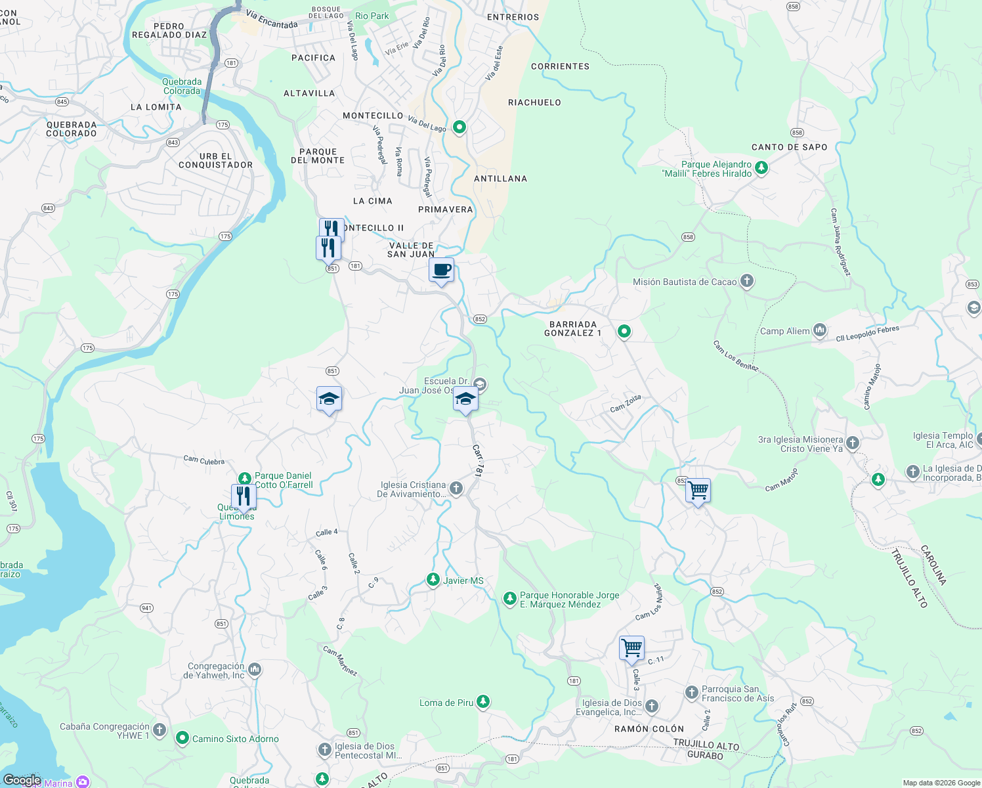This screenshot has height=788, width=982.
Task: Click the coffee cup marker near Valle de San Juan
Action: click(x=442, y=270)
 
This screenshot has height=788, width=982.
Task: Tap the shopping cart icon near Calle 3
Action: click(x=631, y=648)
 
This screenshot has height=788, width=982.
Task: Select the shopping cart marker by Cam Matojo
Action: click(x=698, y=490)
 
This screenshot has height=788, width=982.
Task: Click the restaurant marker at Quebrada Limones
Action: click(x=244, y=496)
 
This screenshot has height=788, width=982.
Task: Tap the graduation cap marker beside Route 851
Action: click(x=329, y=399)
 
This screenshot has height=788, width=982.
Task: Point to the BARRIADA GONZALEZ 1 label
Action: click(x=572, y=329)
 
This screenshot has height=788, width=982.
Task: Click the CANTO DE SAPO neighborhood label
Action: click(x=789, y=147)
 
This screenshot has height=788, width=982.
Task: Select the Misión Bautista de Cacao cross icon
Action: click(x=746, y=282)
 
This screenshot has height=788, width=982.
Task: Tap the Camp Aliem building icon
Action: click(x=819, y=330)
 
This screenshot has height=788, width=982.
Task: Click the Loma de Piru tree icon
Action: click(x=483, y=703)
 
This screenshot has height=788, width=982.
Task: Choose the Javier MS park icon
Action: click(x=433, y=580)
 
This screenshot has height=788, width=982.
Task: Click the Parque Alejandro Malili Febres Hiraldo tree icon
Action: click(x=761, y=168)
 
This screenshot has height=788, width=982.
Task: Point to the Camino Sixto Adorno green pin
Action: click(x=182, y=739)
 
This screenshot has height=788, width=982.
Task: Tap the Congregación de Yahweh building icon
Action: click(x=255, y=670)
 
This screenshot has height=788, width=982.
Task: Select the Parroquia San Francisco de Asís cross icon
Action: click(x=691, y=693)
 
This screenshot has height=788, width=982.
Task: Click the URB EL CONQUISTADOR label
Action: click(x=215, y=161)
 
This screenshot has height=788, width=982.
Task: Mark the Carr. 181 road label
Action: click(x=478, y=460)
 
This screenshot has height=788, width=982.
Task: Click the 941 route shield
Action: click(x=146, y=608)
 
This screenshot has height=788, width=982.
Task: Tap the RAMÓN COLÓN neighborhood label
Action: click(x=649, y=729)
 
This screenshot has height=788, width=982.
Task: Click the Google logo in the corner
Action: click(x=22, y=780)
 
